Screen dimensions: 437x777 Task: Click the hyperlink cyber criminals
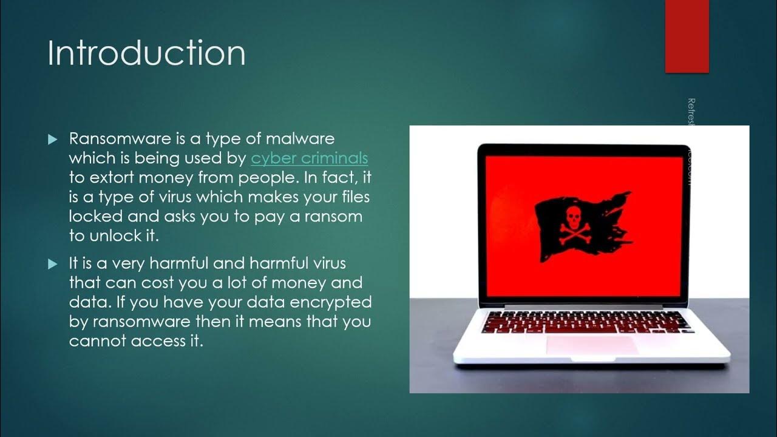point(309,158)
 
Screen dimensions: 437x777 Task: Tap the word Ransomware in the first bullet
point(120,139)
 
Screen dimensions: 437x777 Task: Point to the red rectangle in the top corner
point(687,36)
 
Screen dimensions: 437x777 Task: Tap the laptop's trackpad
point(592,345)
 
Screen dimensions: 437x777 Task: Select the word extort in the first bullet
point(113,178)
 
